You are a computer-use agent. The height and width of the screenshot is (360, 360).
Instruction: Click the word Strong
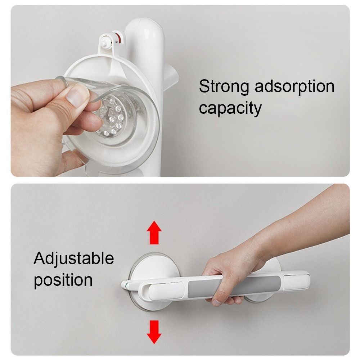(x=224, y=86)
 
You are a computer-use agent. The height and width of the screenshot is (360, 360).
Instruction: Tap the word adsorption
(x=294, y=86)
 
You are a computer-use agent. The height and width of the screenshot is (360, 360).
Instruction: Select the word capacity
(x=230, y=108)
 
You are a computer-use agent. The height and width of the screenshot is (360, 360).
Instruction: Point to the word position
(x=63, y=280)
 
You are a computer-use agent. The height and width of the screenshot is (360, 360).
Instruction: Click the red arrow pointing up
(x=154, y=233)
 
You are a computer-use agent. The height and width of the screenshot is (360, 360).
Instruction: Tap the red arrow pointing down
(x=154, y=332)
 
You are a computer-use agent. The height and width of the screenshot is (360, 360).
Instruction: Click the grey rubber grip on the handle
(x=234, y=286)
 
